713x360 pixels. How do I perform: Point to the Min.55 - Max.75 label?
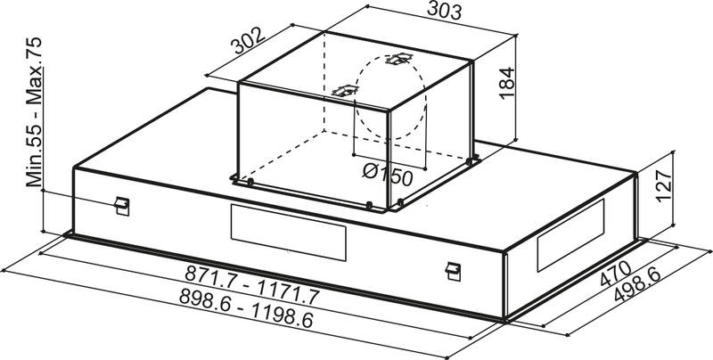(35, 111)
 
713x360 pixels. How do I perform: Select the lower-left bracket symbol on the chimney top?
(342, 90)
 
